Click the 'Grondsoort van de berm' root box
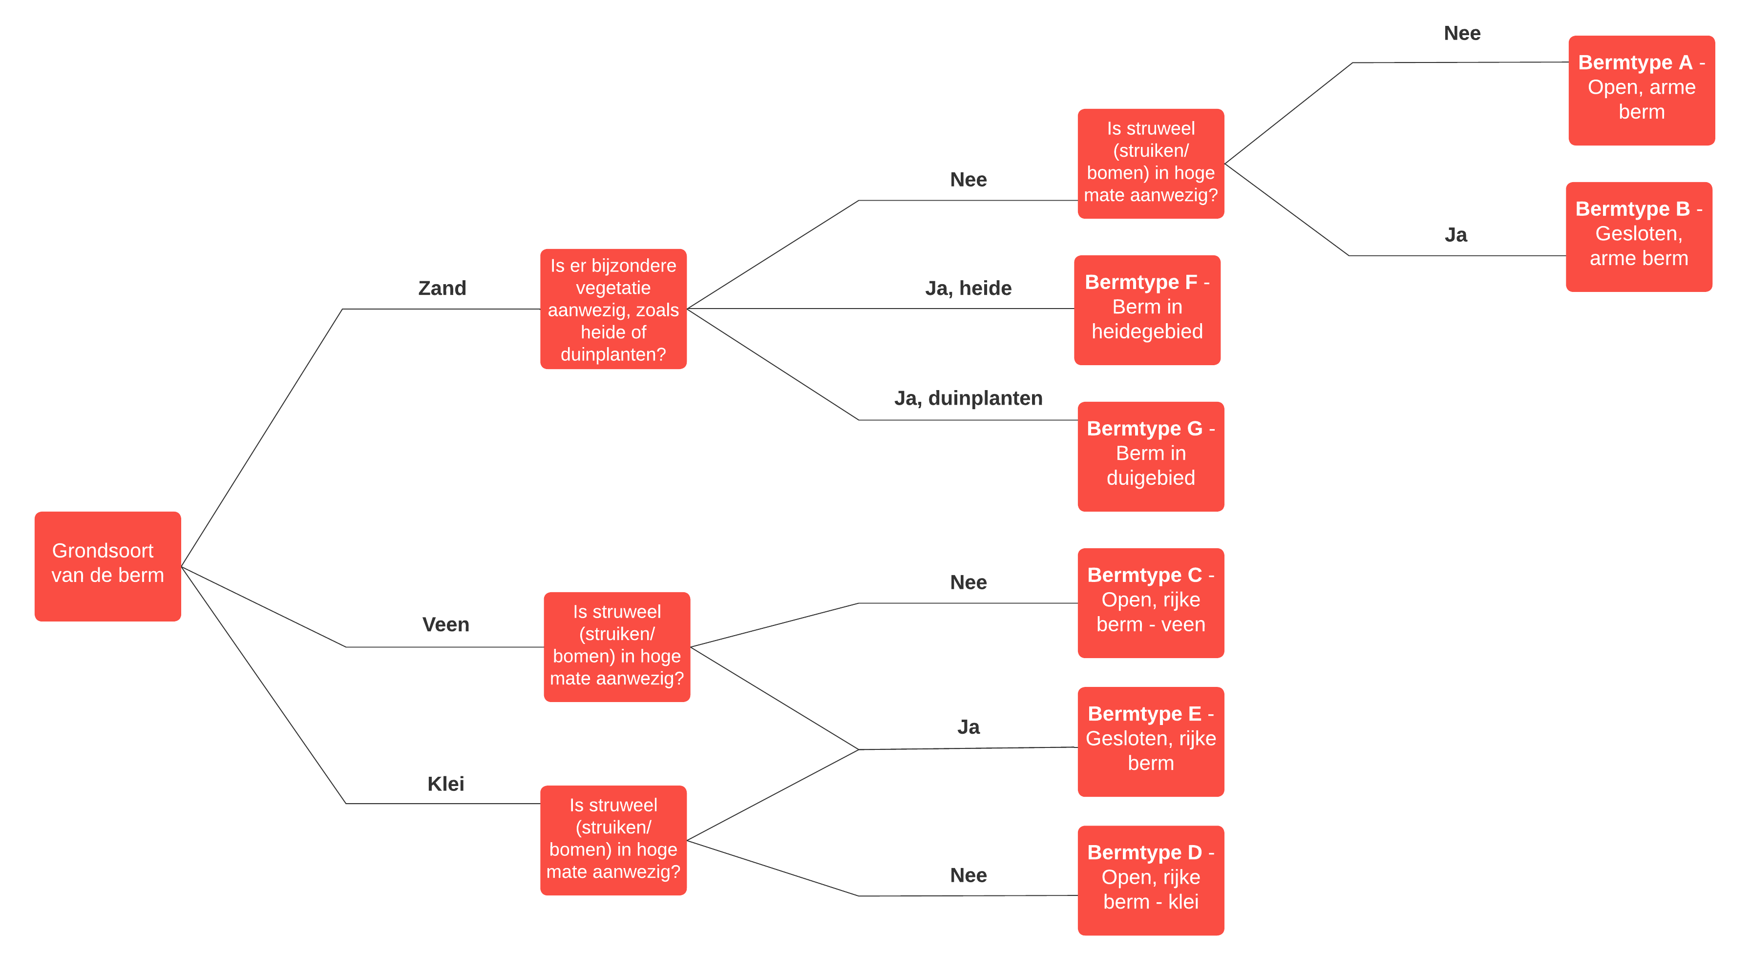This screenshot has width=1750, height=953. tap(107, 566)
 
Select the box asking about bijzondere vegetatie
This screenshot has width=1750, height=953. tap(613, 309)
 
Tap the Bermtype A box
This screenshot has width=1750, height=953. tap(1641, 90)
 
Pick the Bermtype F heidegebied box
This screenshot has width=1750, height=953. tap(1147, 310)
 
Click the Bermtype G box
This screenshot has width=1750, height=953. tap(1150, 456)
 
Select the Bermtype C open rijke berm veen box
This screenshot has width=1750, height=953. tap(1150, 602)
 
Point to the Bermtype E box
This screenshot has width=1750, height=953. tap(1150, 741)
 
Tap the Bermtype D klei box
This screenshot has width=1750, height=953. tap(1150, 880)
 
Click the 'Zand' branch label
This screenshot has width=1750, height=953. tap(442, 288)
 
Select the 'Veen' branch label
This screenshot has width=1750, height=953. tap(445, 624)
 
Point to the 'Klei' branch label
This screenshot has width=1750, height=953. tap(445, 784)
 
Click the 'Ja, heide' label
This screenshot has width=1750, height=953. tap(968, 288)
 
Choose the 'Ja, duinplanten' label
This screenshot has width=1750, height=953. tap(968, 398)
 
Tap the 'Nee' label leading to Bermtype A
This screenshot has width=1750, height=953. tap(1461, 33)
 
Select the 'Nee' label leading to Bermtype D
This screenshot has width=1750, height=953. tap(968, 875)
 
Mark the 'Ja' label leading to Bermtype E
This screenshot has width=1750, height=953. tap(968, 727)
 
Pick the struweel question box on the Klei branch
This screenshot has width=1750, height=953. tap(613, 840)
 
